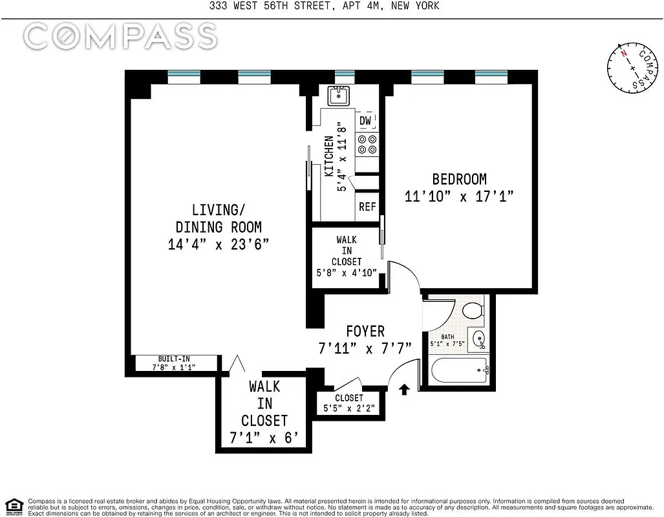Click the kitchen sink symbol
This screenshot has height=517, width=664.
tap(339, 96)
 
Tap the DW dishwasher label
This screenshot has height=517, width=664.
tap(365, 121)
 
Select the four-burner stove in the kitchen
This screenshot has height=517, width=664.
tap(367, 144)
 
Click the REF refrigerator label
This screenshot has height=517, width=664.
tap(367, 207)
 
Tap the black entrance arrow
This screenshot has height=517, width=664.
tap(405, 389)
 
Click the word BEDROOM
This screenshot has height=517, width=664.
tap(459, 179)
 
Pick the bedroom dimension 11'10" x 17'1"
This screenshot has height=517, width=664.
tap(459, 196)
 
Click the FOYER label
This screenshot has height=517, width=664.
tap(365, 332)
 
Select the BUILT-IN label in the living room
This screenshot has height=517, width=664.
tap(174, 359)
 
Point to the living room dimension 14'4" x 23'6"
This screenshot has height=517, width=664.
tap(219, 244)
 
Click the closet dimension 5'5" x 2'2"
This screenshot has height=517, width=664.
tap(348, 408)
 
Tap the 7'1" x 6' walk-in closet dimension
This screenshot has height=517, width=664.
tap(264, 438)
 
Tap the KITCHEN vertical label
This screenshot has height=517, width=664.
tap(329, 156)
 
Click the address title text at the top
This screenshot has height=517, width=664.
tap(332, 6)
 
